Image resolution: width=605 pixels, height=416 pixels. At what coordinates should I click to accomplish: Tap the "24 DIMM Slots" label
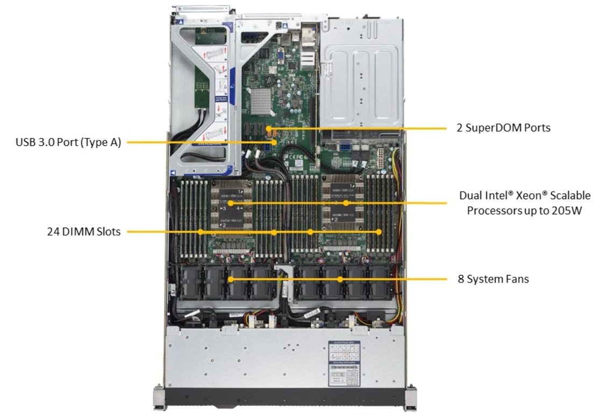click(x=83, y=232)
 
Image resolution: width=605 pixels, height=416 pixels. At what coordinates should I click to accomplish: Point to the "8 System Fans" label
click(x=493, y=279)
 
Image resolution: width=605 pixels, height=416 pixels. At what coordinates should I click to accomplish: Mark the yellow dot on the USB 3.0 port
click(x=275, y=142)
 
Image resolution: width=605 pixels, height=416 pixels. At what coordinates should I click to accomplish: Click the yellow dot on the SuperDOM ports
click(x=268, y=129)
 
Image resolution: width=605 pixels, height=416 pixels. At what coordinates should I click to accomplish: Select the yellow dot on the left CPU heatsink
click(x=231, y=203)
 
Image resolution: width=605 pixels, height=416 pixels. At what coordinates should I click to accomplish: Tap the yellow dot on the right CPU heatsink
click(x=346, y=203)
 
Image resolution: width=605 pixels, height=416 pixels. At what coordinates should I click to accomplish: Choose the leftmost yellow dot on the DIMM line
click(x=200, y=232)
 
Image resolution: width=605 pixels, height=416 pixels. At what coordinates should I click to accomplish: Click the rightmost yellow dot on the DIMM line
click(x=379, y=232)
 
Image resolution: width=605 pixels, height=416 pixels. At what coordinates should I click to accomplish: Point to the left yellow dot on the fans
click(x=231, y=279)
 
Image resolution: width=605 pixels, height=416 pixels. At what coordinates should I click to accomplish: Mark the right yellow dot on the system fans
click(x=340, y=279)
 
